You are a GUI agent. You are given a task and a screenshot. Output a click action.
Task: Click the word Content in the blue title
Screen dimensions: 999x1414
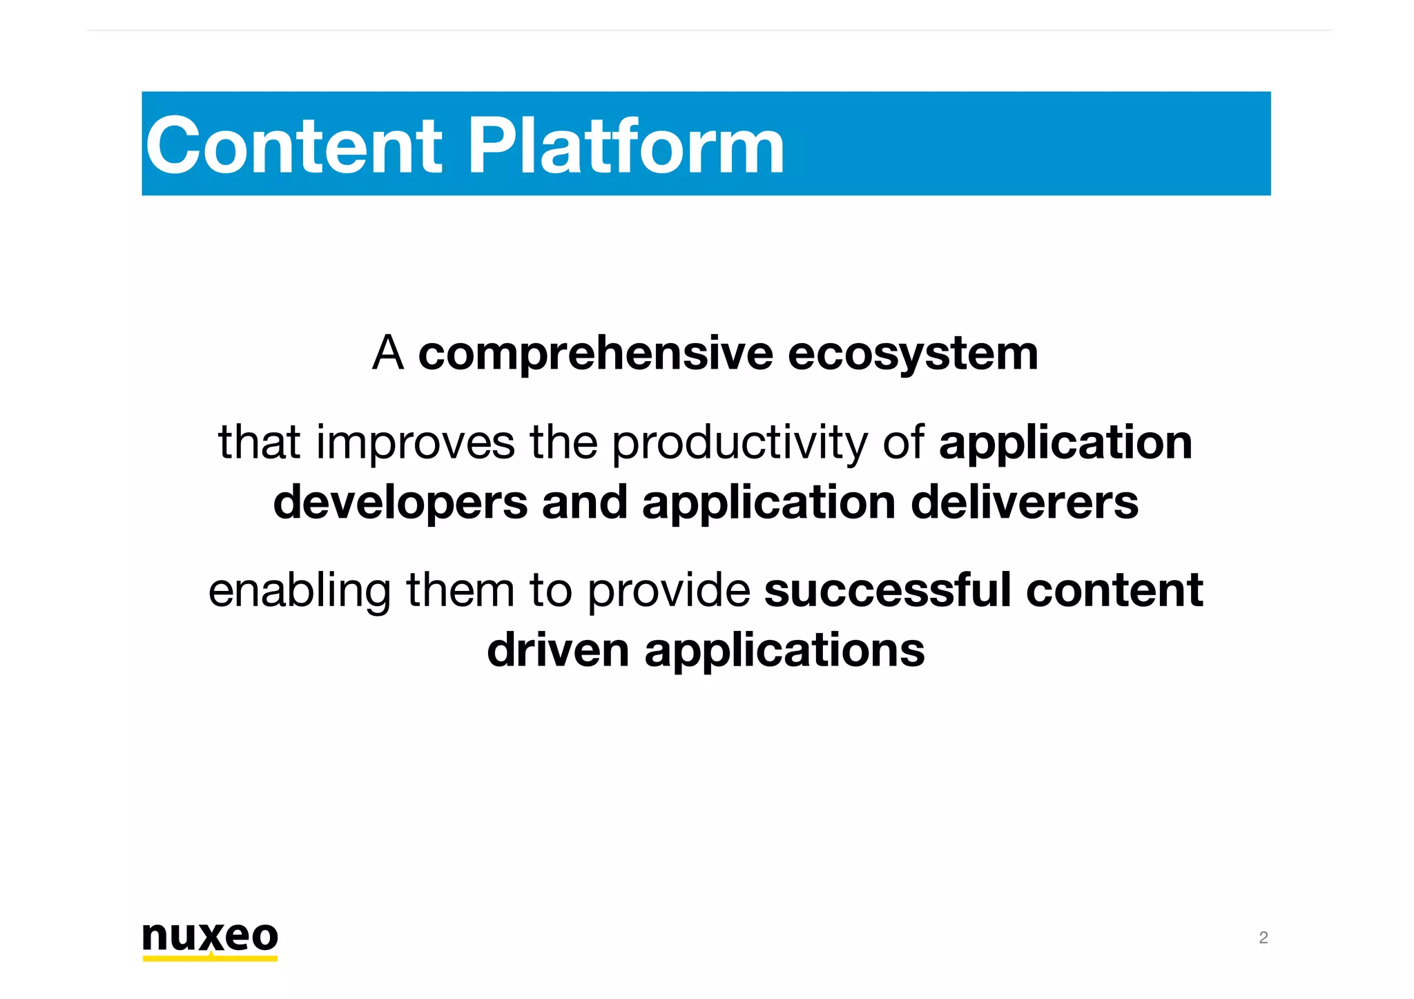click(293, 146)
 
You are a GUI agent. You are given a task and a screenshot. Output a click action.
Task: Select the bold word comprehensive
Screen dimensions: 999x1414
click(595, 354)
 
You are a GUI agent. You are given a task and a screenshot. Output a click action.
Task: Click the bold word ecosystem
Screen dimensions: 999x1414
click(912, 354)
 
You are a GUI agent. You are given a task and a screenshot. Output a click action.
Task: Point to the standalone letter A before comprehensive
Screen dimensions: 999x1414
click(387, 353)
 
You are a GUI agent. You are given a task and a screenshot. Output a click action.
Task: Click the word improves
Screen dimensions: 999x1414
click(415, 443)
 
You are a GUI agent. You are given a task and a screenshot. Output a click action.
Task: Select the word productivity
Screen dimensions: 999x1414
click(739, 443)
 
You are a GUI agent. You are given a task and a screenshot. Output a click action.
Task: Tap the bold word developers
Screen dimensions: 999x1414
click(400, 503)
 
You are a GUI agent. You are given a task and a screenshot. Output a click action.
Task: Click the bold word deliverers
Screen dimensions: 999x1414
click(1024, 503)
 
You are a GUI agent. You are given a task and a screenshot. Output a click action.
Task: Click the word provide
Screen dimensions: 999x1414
click(668, 592)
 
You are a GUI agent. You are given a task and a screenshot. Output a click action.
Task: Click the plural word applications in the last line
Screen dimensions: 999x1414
click(784, 652)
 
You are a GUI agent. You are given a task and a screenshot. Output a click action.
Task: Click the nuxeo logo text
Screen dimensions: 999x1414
click(210, 937)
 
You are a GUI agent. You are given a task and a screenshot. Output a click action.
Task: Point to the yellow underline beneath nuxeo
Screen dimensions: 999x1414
click(210, 958)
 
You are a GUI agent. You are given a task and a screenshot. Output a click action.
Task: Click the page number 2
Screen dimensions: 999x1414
click(1263, 938)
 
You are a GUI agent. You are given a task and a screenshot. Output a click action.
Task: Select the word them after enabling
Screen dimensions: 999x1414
click(460, 591)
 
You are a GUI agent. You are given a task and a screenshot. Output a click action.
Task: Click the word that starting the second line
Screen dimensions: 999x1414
click(259, 443)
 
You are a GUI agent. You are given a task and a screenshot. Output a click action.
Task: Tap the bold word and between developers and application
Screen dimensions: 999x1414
click(584, 503)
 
